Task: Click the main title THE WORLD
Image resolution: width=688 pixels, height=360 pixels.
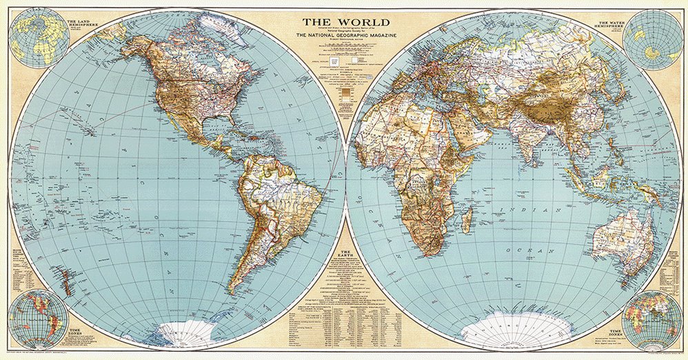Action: pos(344,22)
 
